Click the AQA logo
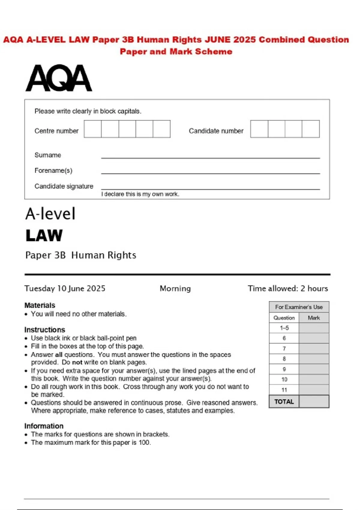58,78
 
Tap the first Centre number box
93,129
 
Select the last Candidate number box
310,129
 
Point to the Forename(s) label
53,171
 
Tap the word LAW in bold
44,235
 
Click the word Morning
175,289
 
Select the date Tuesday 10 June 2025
65,289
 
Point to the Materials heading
40,305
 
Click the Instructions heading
45,330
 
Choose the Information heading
44,426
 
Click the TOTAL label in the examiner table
284,402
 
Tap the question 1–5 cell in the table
284,328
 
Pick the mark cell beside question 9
314,369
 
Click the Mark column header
314,318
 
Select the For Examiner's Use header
299,307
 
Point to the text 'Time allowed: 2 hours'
288,289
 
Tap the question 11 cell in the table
284,390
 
